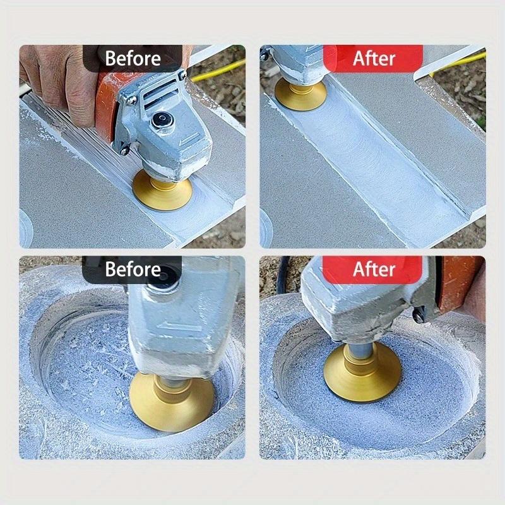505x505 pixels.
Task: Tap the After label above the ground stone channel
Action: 373,59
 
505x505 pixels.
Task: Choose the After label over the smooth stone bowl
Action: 373,270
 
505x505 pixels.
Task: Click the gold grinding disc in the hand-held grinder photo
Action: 157,186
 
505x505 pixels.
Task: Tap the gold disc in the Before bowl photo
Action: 171,401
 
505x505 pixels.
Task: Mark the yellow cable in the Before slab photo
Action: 218,71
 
